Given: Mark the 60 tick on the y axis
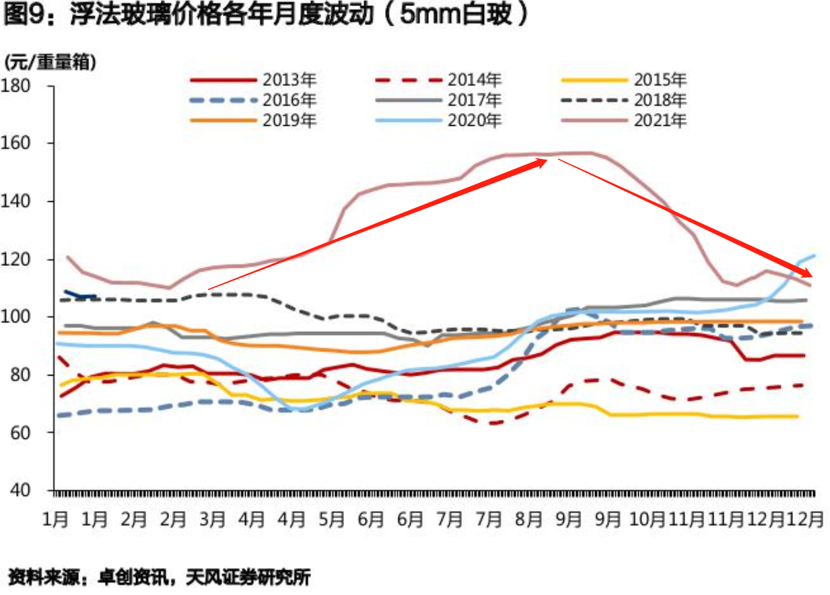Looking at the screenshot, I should point(25,432).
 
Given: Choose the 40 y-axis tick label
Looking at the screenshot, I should point(25,490).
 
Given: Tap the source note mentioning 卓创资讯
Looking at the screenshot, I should point(160,577).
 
